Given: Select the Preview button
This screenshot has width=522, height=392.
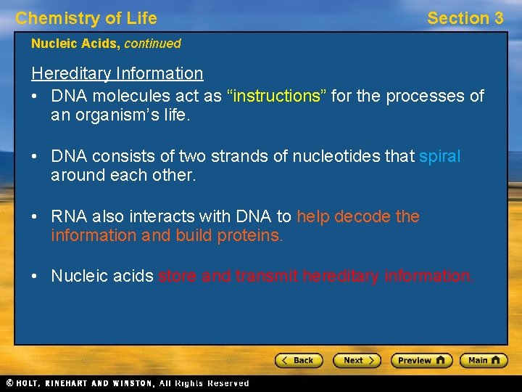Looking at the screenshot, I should pyautogui.click(x=421, y=360).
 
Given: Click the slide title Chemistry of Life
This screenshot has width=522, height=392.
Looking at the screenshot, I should pyautogui.click(x=86, y=18).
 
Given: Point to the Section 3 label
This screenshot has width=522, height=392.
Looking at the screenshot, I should pyautogui.click(x=465, y=18).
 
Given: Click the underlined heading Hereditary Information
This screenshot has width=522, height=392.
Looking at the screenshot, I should pyautogui.click(x=117, y=73).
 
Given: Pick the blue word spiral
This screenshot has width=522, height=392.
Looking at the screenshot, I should pyautogui.click(x=439, y=156).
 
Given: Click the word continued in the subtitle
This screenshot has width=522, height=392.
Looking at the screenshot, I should pyautogui.click(x=152, y=44).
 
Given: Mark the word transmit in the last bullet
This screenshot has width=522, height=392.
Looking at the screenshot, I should pyautogui.click(x=268, y=276).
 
